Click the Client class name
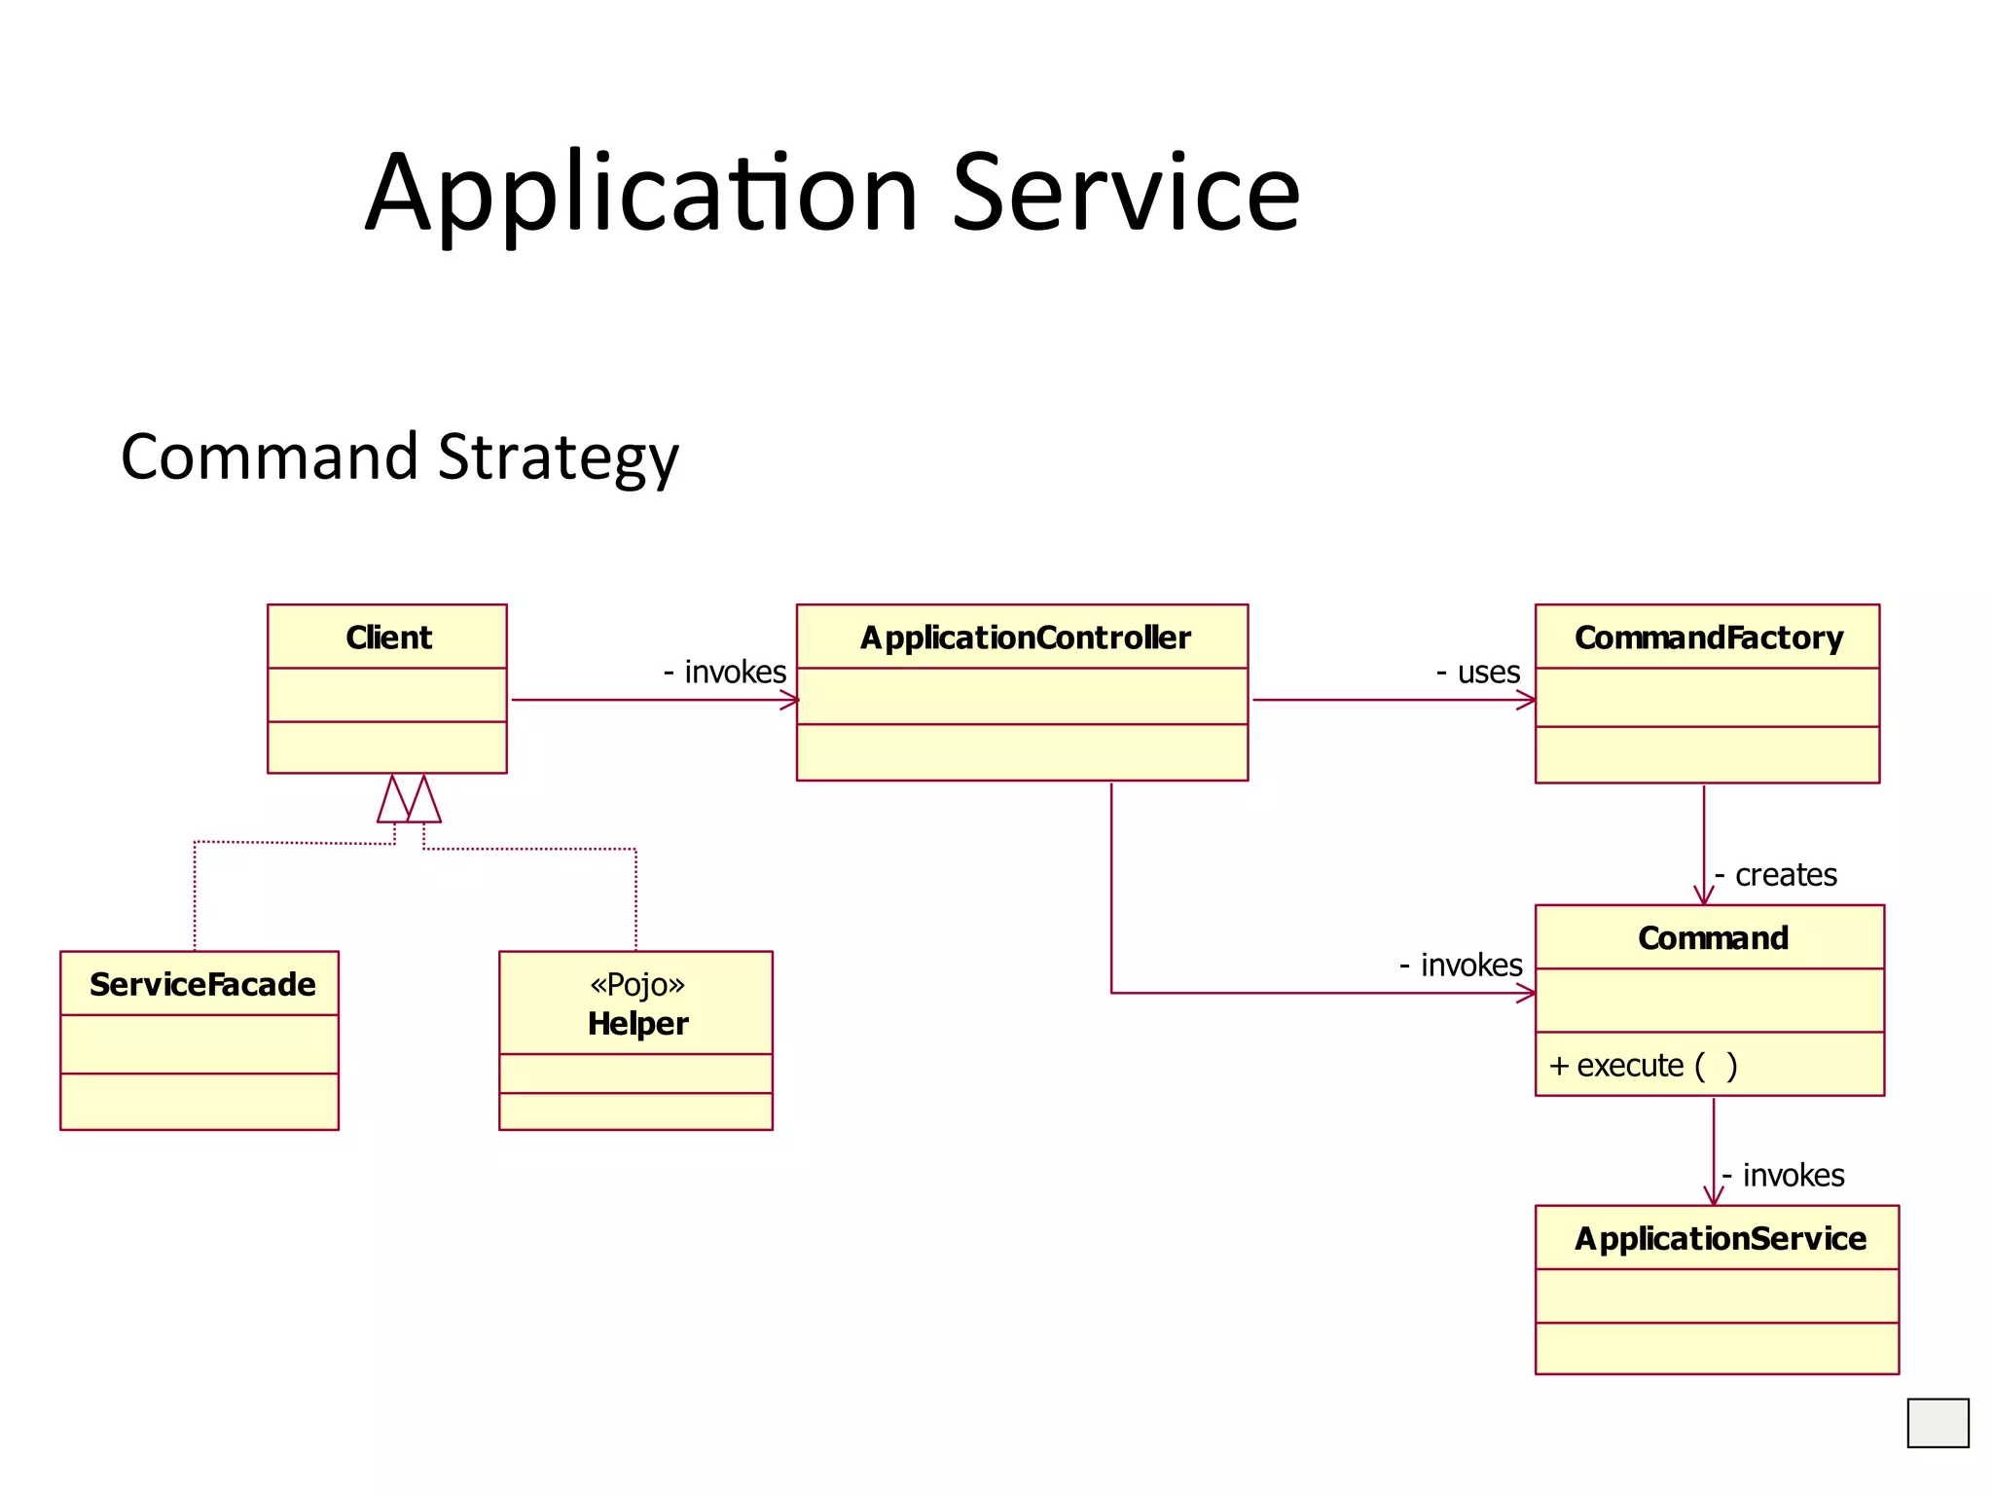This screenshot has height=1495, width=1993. [x=388, y=638]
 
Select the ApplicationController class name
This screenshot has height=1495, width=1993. [x=1025, y=638]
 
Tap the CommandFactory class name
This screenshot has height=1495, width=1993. [x=1709, y=638]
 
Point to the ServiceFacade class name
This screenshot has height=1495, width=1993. [x=202, y=984]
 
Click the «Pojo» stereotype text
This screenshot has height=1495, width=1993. [x=637, y=984]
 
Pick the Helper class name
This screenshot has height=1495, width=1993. [x=637, y=1024]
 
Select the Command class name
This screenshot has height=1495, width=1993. [x=1713, y=937]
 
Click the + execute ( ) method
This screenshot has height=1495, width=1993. [x=1643, y=1066]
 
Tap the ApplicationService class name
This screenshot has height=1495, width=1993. [x=1720, y=1238]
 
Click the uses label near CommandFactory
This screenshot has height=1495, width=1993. [x=1487, y=672]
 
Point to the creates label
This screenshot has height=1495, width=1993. [x=1785, y=874]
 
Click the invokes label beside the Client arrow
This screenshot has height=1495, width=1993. [x=734, y=672]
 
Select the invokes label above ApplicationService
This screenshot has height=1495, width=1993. [x=1793, y=1175]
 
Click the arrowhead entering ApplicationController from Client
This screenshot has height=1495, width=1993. [x=790, y=700]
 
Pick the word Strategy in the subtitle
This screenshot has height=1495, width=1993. [x=558, y=456]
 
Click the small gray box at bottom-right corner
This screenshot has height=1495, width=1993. [x=1937, y=1422]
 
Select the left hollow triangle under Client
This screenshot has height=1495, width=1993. [x=392, y=802]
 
